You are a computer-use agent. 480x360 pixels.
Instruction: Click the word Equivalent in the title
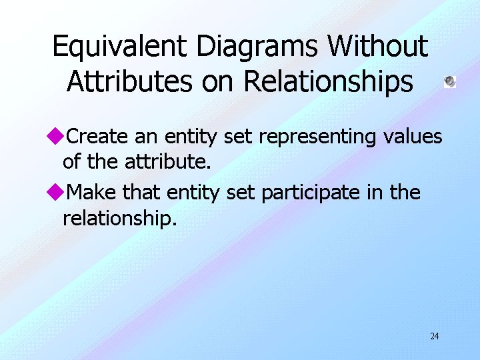pos(120,47)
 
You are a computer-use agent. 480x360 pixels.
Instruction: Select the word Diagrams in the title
pos(257,47)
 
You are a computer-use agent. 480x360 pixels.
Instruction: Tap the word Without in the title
pos(377,46)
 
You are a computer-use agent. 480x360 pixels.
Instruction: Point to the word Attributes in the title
pos(129,81)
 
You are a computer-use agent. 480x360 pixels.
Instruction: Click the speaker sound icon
pos(450,82)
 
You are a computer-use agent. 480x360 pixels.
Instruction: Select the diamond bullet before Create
pos(55,136)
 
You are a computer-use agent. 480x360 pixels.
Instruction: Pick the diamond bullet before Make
pos(55,192)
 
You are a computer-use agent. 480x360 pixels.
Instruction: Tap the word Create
pos(97,136)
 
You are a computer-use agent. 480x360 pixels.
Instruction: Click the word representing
pos(317,137)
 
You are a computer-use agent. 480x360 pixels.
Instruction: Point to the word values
pos(413,136)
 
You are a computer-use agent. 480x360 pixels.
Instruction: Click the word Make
pos(91,192)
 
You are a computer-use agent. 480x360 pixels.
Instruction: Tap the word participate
pos(311,193)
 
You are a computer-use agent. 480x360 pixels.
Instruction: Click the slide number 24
pos(435,336)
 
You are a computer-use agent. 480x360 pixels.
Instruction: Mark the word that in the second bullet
pos(141,192)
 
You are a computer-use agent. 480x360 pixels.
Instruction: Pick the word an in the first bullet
pos(146,137)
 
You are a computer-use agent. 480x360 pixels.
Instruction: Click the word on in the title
pos(217,83)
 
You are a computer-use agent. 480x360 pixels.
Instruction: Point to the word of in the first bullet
pos(71,161)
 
